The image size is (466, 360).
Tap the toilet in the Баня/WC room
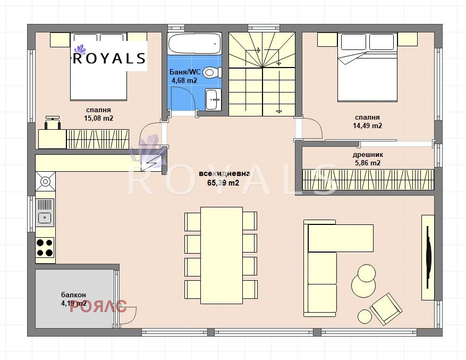click(x=211, y=72)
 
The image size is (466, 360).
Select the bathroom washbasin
click(x=213, y=98)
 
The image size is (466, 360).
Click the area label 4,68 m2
click(x=184, y=81)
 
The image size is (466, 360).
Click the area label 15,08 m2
click(x=98, y=119)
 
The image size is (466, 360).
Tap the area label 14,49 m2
click(x=368, y=126)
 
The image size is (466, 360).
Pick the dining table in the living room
click(x=221, y=255)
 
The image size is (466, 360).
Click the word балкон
click(x=73, y=295)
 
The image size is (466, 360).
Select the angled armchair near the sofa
click(x=386, y=308)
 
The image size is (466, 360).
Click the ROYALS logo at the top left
click(x=109, y=57)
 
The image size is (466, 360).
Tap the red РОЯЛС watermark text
click(x=98, y=306)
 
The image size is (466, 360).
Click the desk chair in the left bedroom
click(x=52, y=123)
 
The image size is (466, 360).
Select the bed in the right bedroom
click(x=368, y=66)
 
